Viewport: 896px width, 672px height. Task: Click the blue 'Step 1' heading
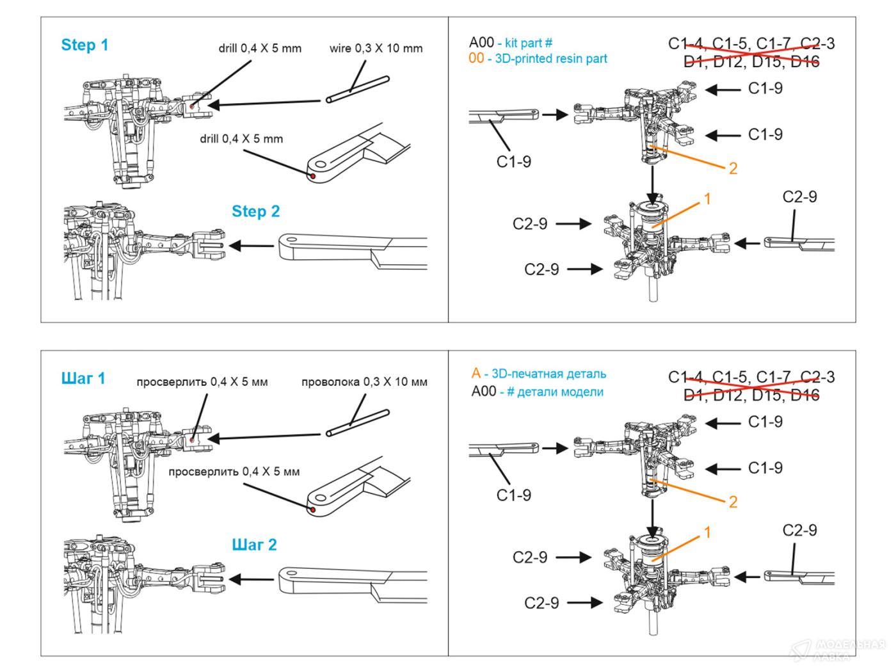(84, 45)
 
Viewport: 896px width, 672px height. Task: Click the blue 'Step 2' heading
(255, 212)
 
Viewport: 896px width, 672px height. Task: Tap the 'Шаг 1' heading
(83, 379)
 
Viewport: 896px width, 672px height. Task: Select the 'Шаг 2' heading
(254, 545)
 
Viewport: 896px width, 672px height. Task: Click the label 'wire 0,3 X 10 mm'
(376, 49)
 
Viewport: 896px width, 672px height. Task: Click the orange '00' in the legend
(477, 59)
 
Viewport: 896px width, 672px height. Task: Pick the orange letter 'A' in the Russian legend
(476, 374)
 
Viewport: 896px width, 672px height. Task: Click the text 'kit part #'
(529, 43)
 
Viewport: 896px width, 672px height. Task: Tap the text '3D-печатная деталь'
(548, 374)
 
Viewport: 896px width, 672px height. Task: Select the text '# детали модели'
(555, 392)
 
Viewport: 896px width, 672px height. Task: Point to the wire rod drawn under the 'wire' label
(357, 89)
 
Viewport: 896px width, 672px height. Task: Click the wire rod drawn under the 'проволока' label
(357, 422)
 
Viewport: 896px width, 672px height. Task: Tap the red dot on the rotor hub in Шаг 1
(193, 439)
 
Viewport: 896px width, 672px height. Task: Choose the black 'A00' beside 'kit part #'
(481, 43)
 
